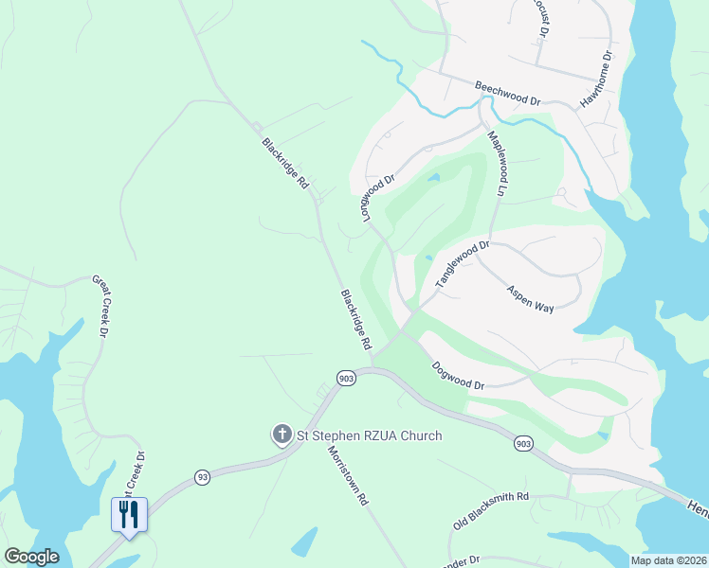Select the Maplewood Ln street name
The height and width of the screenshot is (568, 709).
[498, 163]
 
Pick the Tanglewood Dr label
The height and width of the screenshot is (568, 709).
[462, 264]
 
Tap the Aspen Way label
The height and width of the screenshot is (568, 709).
[530, 300]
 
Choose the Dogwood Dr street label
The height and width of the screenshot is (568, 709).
[458, 376]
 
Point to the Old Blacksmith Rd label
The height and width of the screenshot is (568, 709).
[490, 509]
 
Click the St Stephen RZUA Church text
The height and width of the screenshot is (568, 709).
[369, 435]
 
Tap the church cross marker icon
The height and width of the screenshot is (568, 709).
[282, 435]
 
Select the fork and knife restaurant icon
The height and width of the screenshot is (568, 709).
[127, 514]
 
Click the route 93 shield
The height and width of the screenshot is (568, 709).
[202, 476]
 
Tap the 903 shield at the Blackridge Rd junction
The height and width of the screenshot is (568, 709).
[346, 378]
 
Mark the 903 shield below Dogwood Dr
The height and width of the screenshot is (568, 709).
[522, 443]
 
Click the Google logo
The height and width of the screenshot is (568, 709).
[31, 557]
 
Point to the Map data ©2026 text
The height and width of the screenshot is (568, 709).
[667, 560]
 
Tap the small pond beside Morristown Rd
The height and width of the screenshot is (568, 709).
[303, 542]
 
